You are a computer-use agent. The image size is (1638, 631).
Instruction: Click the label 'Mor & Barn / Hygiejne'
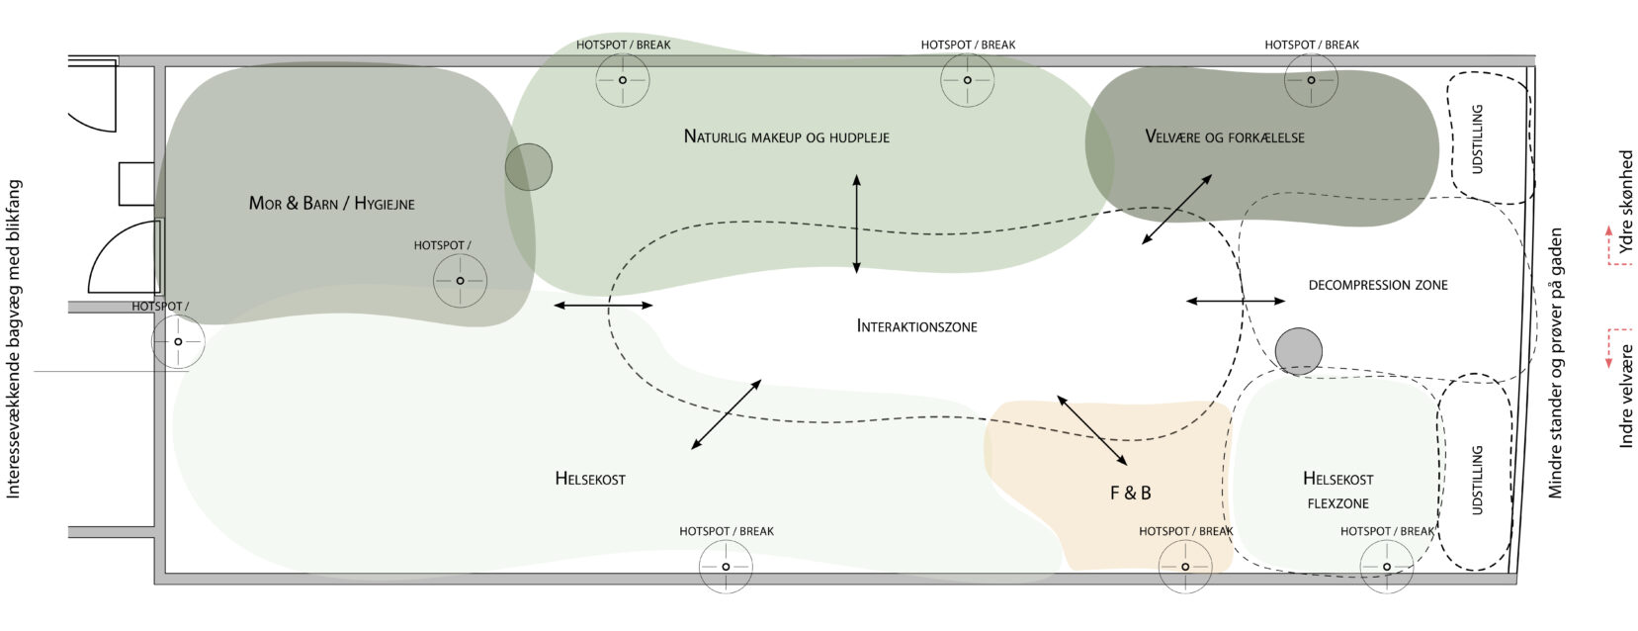[x=331, y=204]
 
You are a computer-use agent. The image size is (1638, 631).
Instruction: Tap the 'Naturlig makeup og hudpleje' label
[x=786, y=136]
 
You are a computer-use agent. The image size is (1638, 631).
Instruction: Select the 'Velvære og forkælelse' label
[x=1224, y=137]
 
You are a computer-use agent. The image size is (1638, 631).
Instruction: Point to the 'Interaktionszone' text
[x=916, y=326]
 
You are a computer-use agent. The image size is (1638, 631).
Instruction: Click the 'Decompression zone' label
[x=1377, y=285]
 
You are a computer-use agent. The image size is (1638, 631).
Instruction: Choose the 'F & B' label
[x=1130, y=493]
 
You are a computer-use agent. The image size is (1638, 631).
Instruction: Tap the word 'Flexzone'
[x=1337, y=503]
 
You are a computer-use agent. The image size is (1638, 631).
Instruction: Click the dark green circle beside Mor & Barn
[x=529, y=167]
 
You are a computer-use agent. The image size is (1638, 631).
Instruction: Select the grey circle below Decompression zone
[x=1298, y=351]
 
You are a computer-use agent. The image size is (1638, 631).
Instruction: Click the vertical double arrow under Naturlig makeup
[x=856, y=224]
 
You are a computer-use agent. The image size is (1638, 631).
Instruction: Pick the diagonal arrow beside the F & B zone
[x=1091, y=430]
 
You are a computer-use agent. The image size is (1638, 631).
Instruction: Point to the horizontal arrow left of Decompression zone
[x=1235, y=301]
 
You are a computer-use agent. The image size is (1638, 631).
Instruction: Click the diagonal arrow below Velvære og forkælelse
[x=1176, y=210]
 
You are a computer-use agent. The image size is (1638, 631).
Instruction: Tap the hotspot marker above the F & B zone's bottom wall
[x=1184, y=567]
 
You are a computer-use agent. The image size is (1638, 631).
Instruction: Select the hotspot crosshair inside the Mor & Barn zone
[x=460, y=281]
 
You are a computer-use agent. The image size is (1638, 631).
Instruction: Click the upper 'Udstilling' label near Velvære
[x=1478, y=139]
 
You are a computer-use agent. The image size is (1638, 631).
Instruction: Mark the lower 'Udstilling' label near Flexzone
[x=1478, y=480]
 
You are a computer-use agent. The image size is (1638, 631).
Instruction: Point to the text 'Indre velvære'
[x=1626, y=396]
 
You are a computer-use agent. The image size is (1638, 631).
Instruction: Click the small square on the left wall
[x=136, y=184]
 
